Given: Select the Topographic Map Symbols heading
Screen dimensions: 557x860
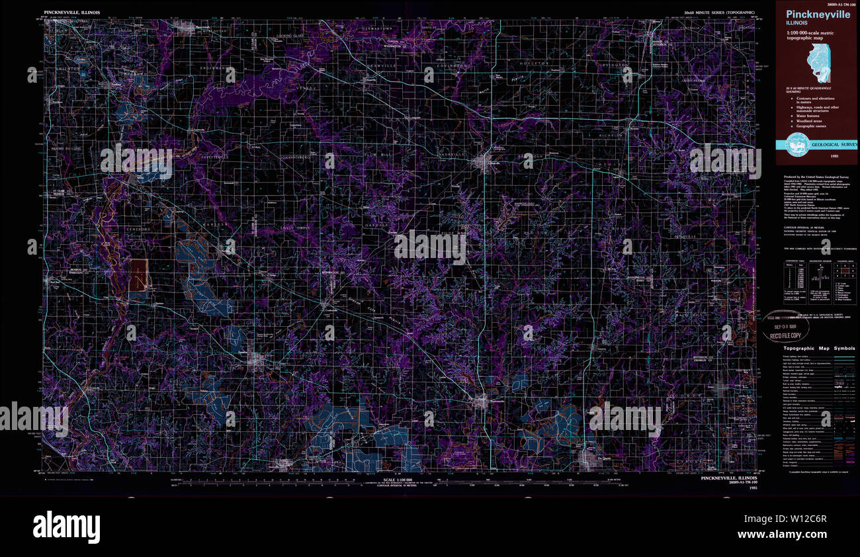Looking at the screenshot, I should pos(819,348).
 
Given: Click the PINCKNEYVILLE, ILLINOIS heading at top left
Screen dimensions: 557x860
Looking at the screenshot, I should pos(72,13).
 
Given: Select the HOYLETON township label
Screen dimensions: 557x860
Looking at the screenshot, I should pos(535,63).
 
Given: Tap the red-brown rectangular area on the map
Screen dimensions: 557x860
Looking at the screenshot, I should pos(138,275).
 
